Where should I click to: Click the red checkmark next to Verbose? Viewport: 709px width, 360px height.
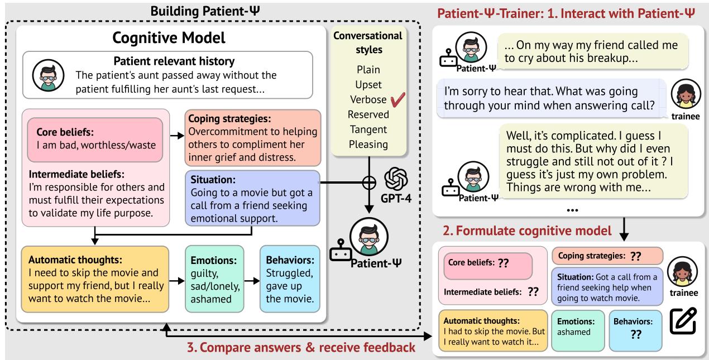pos(397,100)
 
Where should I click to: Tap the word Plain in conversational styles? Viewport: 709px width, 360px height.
pos(368,70)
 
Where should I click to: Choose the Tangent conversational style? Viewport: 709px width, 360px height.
pos(368,129)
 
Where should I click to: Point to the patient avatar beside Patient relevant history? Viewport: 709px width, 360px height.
pos(47,75)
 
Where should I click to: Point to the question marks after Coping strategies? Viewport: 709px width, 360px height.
pos(635,257)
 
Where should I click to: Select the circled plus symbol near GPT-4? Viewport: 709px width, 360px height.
pos(367,181)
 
